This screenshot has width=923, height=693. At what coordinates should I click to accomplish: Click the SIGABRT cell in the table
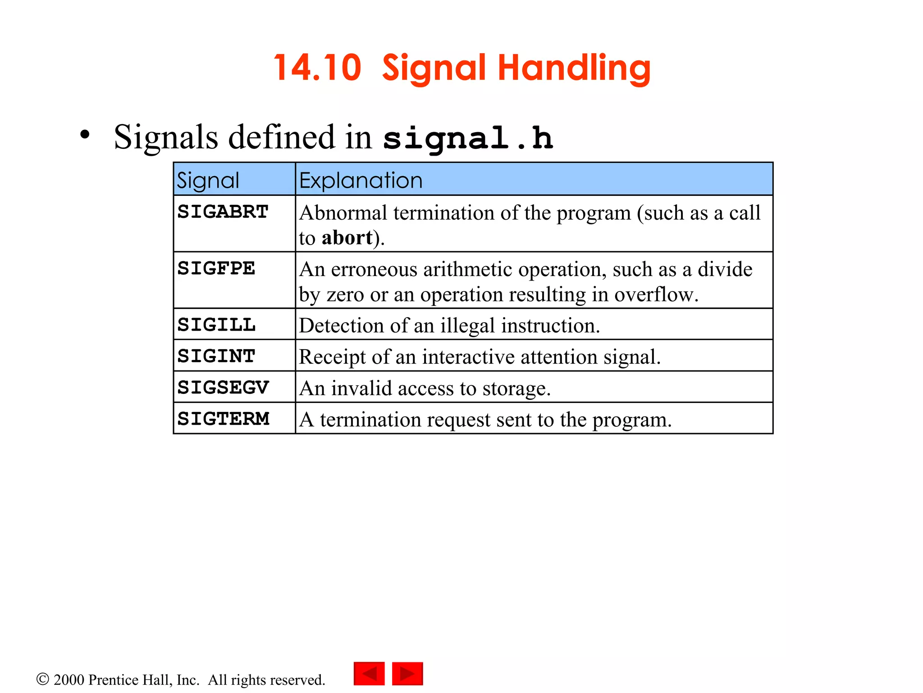(223, 212)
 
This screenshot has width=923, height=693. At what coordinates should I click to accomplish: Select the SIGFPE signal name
(216, 268)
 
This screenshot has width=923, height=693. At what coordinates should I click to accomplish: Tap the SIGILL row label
(216, 325)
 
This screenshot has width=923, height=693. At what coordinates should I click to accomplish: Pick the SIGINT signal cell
(216, 356)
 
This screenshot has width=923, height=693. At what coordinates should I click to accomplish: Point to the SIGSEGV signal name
(223, 388)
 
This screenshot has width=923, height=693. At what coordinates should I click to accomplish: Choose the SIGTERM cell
(223, 419)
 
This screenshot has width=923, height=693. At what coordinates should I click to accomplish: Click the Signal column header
(208, 180)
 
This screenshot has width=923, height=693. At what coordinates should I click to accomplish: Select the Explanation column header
(361, 180)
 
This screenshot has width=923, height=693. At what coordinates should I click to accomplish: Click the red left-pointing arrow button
(369, 674)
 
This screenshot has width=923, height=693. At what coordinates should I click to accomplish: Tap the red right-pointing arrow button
(407, 674)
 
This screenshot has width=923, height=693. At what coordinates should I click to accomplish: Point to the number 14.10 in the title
(317, 68)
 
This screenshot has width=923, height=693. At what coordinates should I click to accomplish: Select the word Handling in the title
(574, 68)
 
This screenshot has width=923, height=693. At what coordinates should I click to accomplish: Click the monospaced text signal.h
(467, 138)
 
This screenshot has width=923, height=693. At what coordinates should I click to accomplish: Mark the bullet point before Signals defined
(85, 134)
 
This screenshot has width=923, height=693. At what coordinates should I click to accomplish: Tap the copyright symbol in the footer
(42, 679)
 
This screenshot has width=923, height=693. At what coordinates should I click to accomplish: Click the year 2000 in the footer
(69, 679)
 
